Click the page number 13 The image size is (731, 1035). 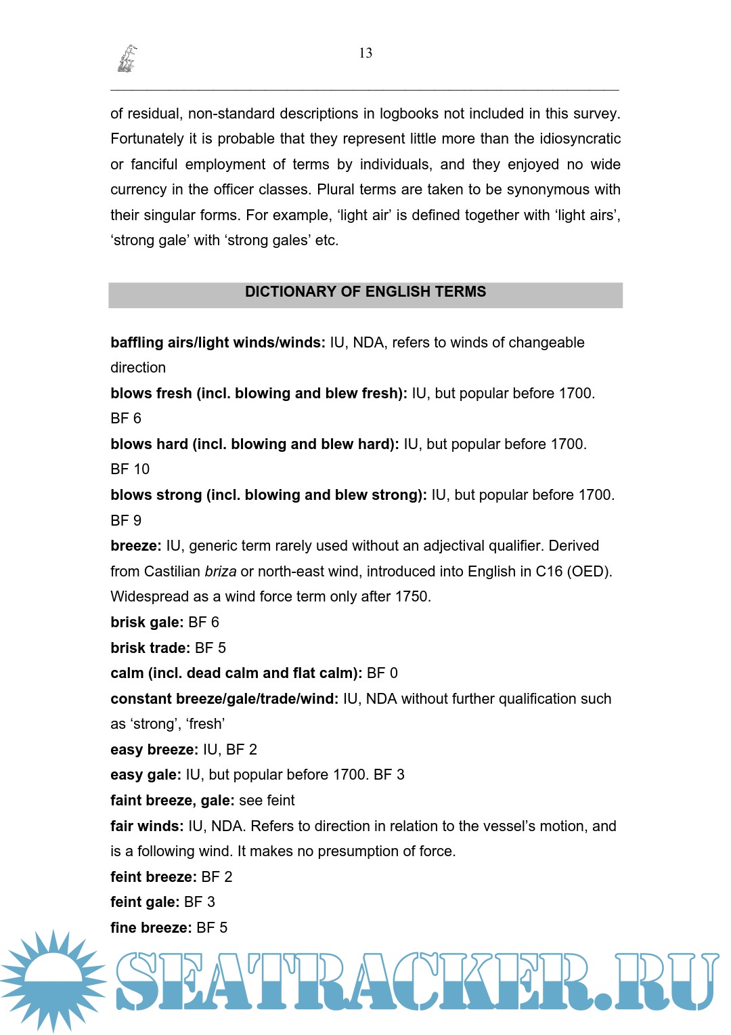pyautogui.click(x=365, y=53)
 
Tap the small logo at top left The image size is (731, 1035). pyautogui.click(x=127, y=59)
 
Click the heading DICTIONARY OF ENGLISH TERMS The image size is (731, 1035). pyautogui.click(x=365, y=292)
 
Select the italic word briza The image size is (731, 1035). pyautogui.click(x=221, y=572)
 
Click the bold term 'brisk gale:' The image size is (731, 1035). pyautogui.click(x=147, y=622)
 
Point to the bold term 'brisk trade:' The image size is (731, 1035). pyautogui.click(x=150, y=648)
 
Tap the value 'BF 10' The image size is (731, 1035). pyautogui.click(x=130, y=469)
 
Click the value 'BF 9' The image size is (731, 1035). pyautogui.click(x=126, y=521)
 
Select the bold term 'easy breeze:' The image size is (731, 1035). pyautogui.click(x=154, y=750)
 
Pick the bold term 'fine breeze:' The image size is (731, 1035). pyautogui.click(x=151, y=928)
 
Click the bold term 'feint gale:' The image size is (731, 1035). pyautogui.click(x=145, y=902)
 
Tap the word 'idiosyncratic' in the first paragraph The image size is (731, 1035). pyautogui.click(x=580, y=139)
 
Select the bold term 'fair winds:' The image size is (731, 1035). pyautogui.click(x=147, y=826)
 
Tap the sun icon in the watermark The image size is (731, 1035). pyautogui.click(x=53, y=980)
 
